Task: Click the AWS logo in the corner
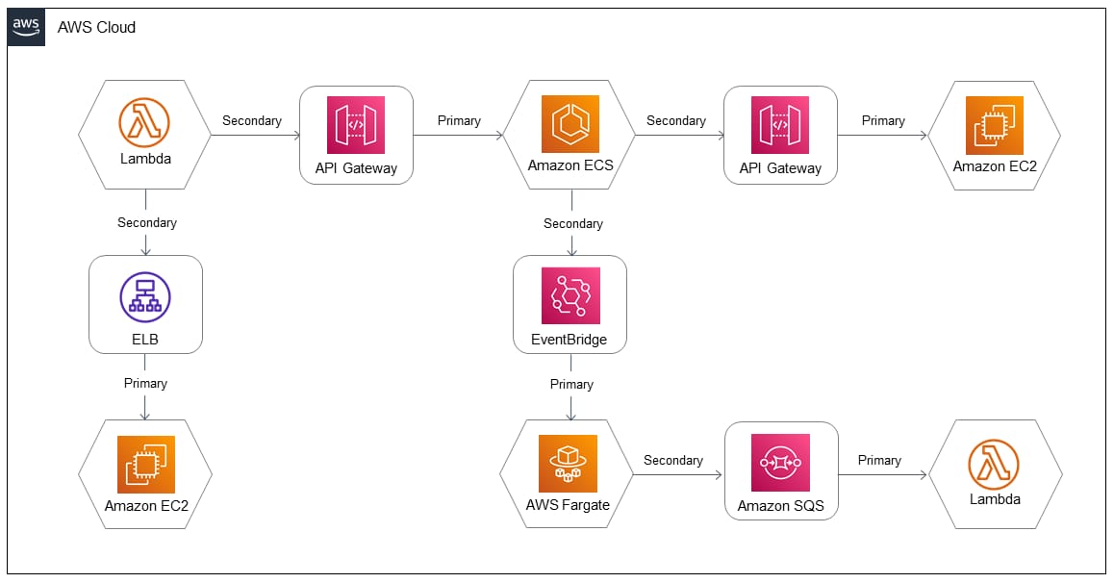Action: tap(27, 27)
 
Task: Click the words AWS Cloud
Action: tap(96, 27)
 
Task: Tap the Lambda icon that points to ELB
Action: tap(145, 122)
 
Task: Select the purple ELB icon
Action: tap(145, 296)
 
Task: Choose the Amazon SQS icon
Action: tap(781, 464)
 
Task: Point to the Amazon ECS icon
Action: tap(570, 124)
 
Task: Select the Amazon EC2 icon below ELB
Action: tap(145, 465)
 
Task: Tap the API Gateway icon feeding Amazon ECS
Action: tap(356, 124)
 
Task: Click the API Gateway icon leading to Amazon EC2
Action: tap(781, 124)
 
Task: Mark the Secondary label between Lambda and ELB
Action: tap(147, 222)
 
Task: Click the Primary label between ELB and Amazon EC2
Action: tap(145, 383)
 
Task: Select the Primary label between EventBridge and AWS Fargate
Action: tap(571, 384)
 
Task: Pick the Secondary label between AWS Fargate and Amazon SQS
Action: tap(673, 460)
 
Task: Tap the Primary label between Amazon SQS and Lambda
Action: tap(879, 460)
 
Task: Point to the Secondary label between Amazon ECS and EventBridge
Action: tap(573, 223)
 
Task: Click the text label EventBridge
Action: tap(570, 340)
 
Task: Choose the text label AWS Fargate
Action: tap(568, 505)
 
